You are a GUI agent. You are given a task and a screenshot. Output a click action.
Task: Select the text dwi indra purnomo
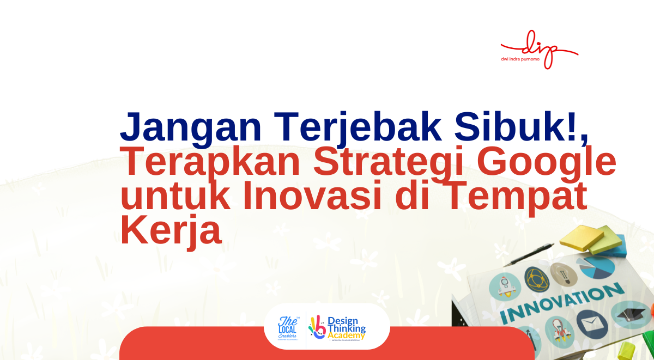520,59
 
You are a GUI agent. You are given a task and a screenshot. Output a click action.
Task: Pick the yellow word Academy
347,336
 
